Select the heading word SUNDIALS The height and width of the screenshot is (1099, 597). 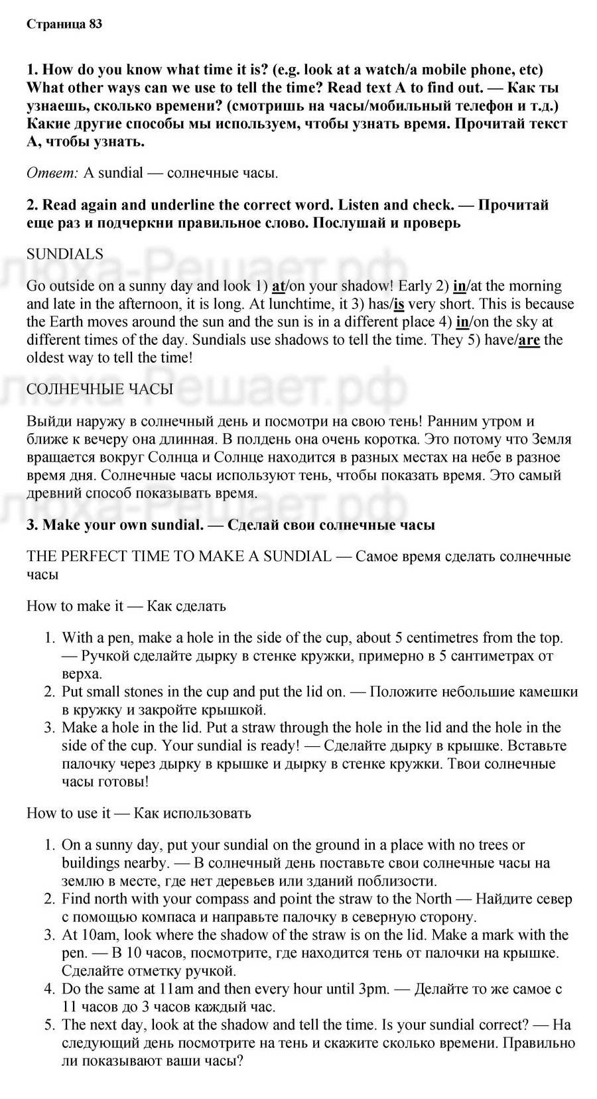tap(65, 254)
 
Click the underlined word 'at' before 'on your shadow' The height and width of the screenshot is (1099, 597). tap(278, 287)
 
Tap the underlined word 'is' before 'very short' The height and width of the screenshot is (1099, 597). tap(399, 304)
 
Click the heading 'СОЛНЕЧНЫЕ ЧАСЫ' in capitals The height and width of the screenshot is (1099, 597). tap(99, 389)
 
